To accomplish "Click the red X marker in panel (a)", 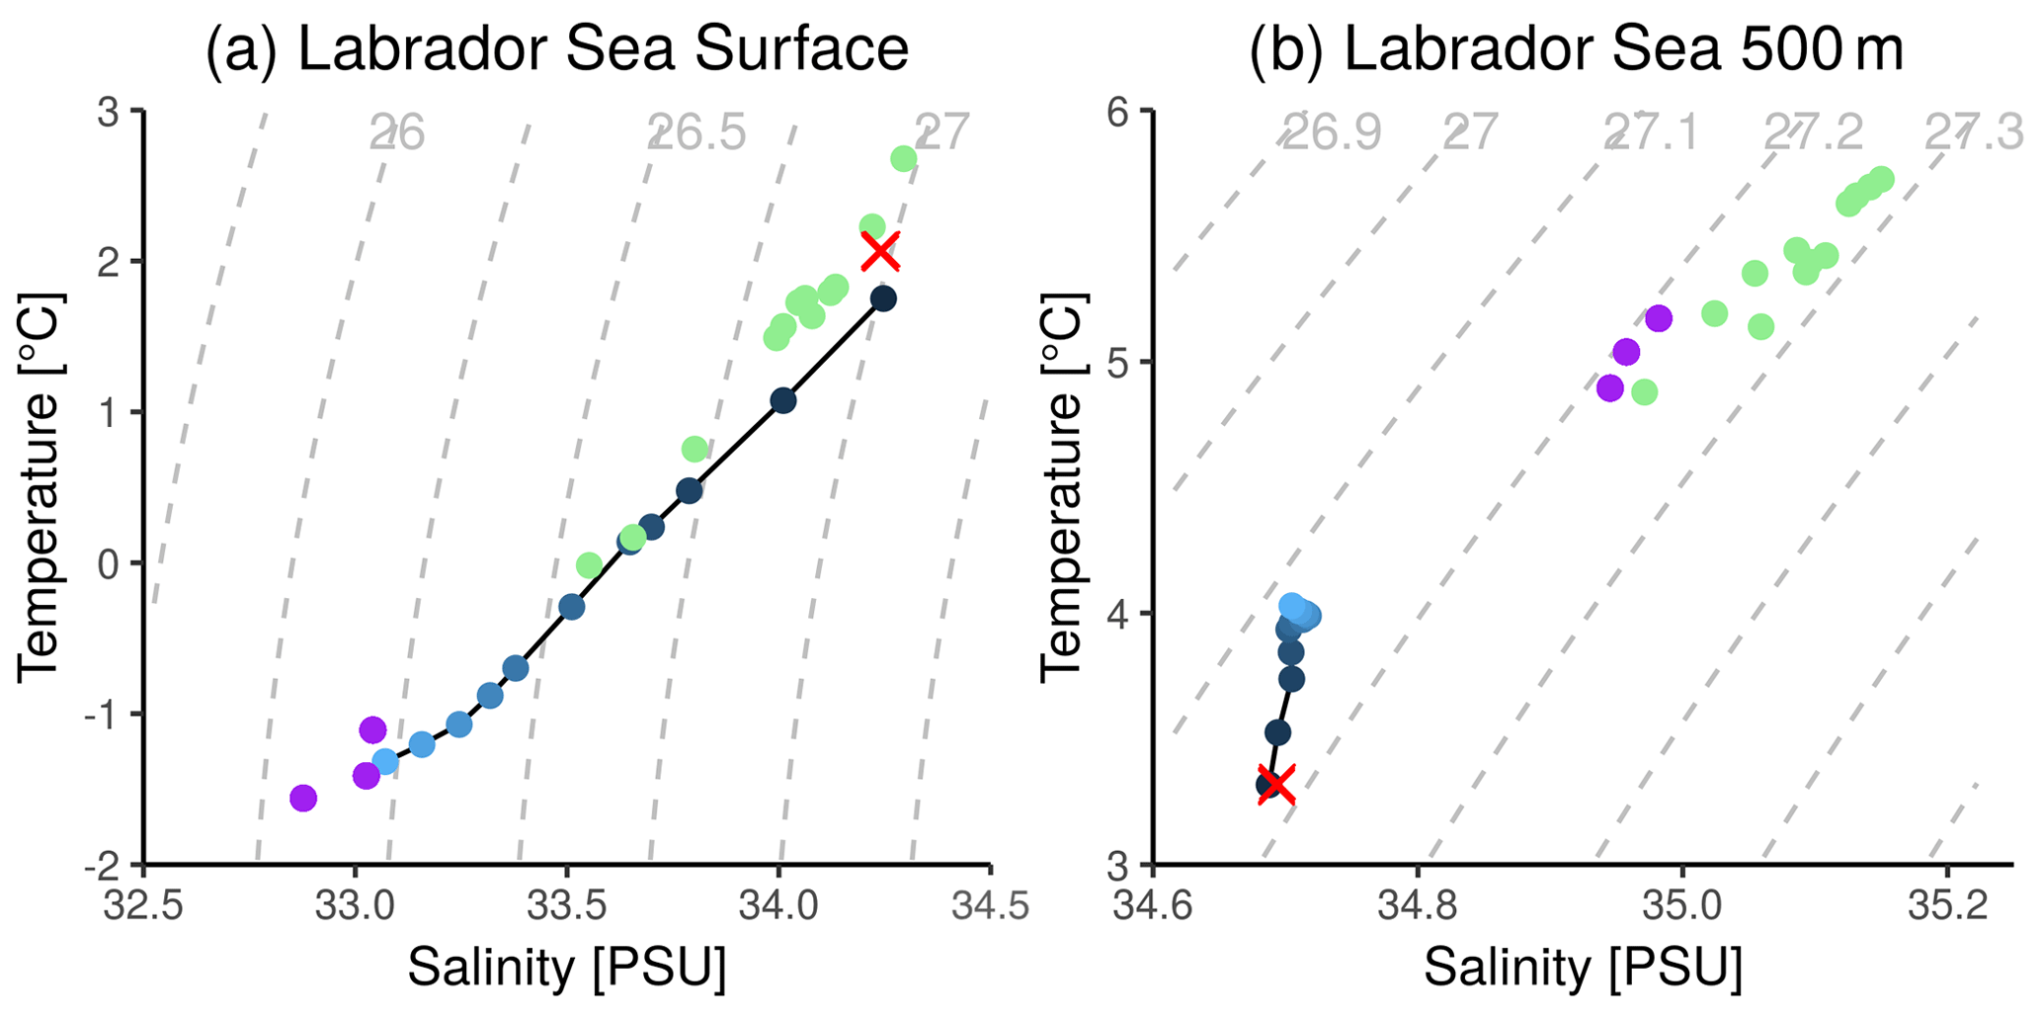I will click(x=880, y=251).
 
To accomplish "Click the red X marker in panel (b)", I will click(x=1276, y=785).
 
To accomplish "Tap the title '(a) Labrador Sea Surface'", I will click(x=556, y=48).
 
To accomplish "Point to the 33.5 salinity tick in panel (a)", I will click(x=567, y=905).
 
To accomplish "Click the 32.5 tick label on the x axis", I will click(x=144, y=905).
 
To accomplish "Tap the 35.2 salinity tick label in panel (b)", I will click(x=1947, y=905).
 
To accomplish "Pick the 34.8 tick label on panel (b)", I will click(x=1417, y=905).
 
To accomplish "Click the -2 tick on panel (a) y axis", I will click(x=106, y=865).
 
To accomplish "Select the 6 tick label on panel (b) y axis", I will click(x=1117, y=111).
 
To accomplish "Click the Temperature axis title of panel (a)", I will click(x=40, y=487).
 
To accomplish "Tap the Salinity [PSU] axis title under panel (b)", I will click(x=1583, y=967).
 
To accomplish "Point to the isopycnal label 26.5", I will click(x=697, y=132).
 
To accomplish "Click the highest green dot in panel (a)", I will click(x=903, y=158).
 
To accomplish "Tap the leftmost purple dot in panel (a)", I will click(x=303, y=798).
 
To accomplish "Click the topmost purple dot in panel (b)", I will click(x=1658, y=318).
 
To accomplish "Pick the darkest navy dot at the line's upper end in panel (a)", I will click(x=883, y=298).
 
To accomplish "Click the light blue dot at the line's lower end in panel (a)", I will click(x=385, y=762).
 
